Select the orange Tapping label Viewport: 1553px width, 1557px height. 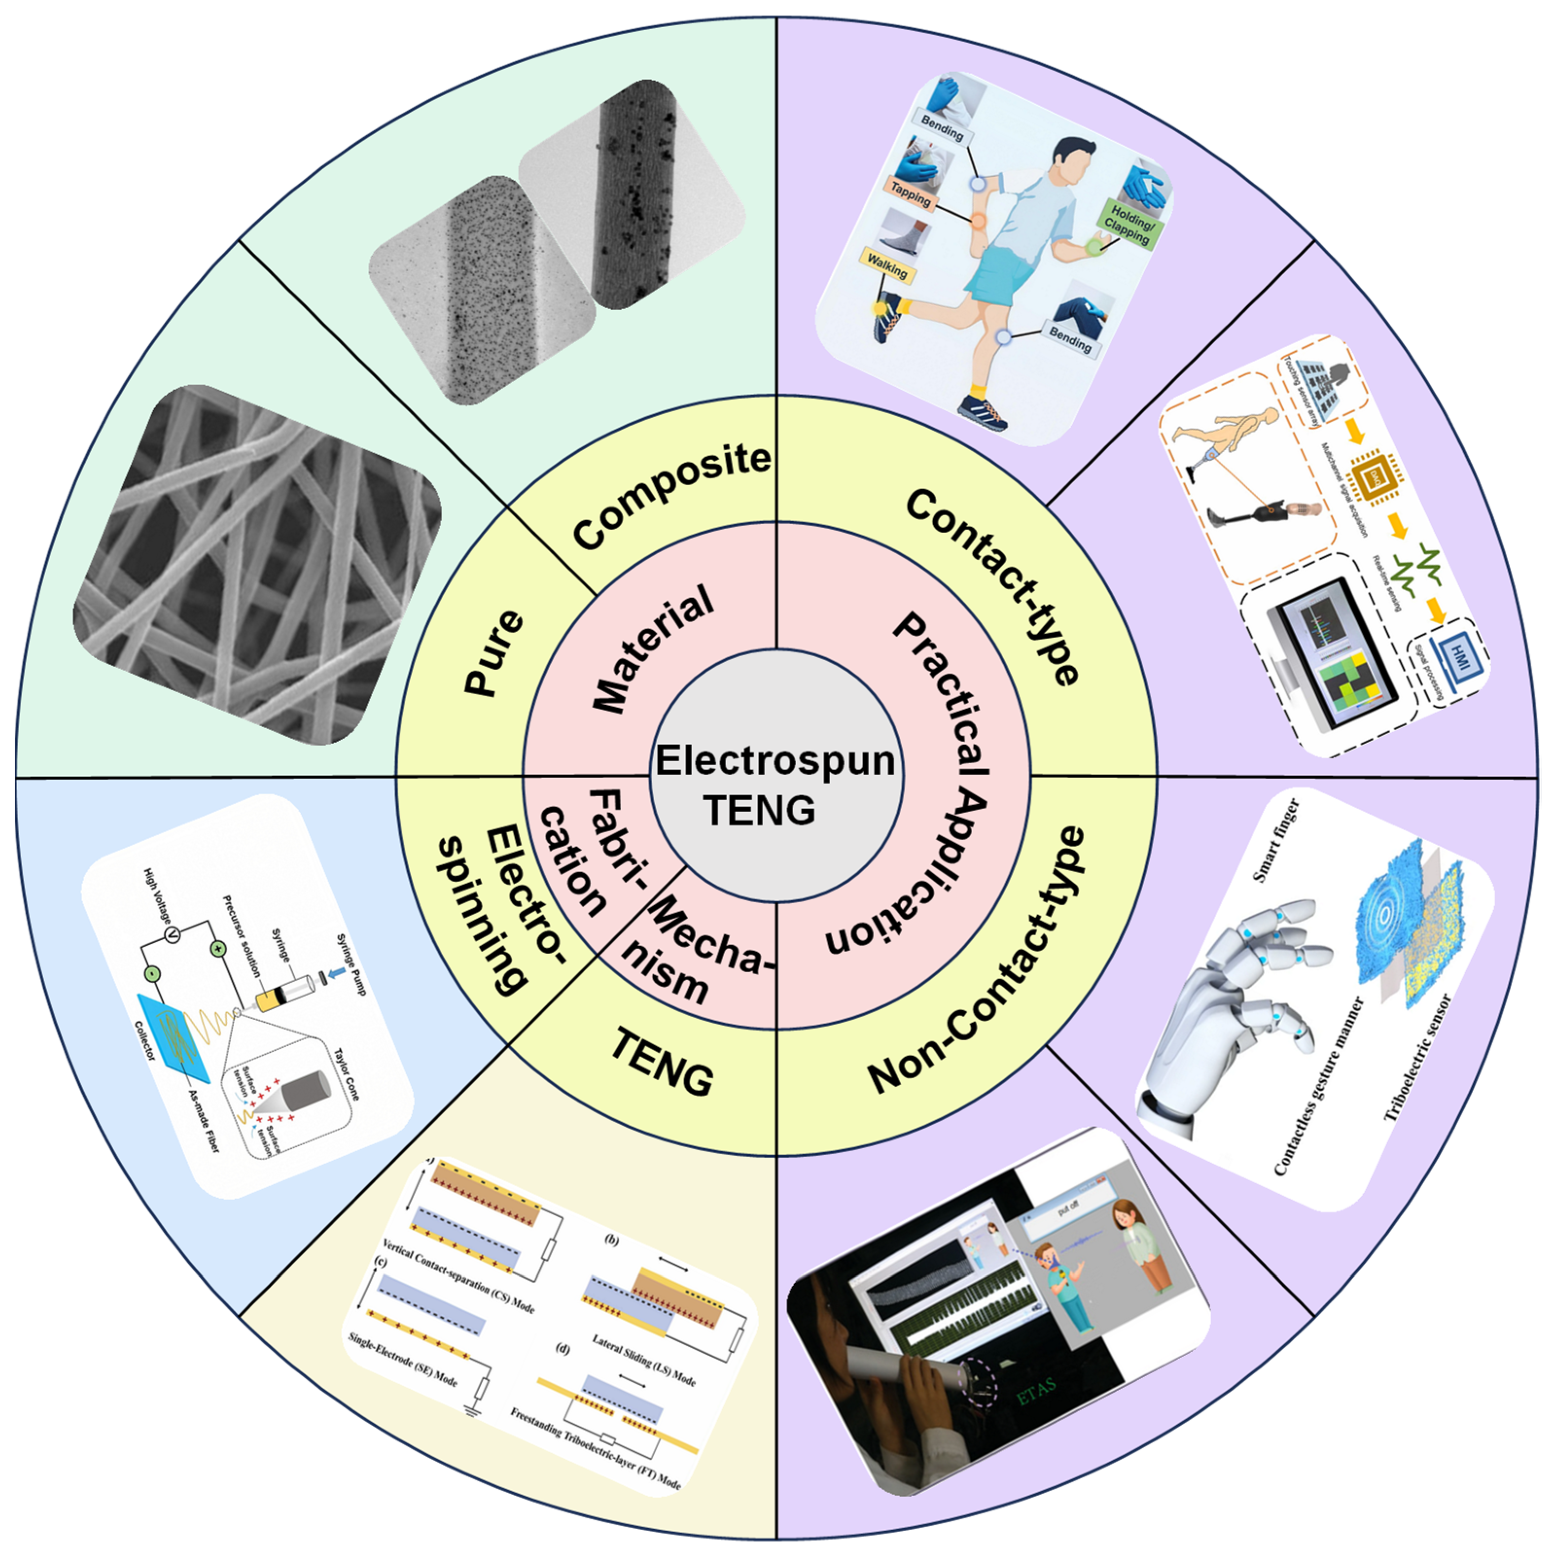coord(911,193)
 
